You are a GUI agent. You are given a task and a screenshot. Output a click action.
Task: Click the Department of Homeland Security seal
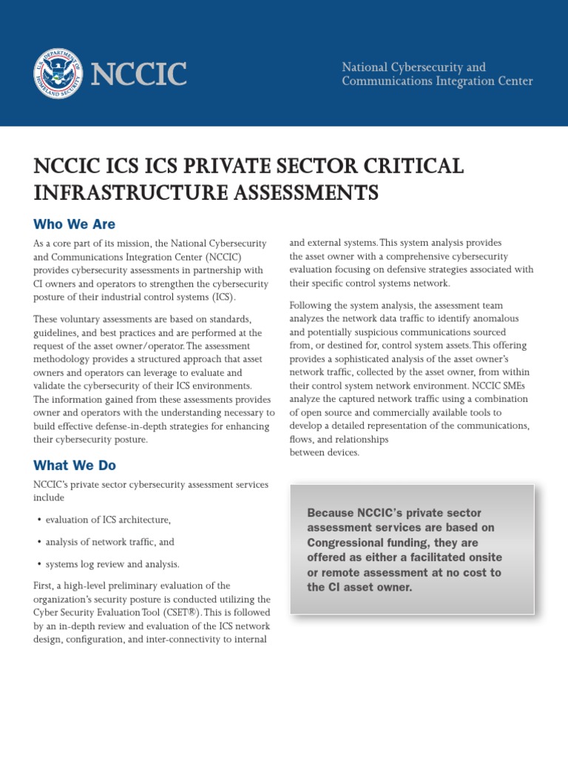pos(58,73)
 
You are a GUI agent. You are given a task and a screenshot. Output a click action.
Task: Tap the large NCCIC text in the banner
pos(138,74)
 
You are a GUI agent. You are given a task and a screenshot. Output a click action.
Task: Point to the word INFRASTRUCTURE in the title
pos(121,192)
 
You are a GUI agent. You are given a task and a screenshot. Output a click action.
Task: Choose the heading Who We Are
pos(74,224)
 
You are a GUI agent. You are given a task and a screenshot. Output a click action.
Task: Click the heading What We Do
pos(74,466)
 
